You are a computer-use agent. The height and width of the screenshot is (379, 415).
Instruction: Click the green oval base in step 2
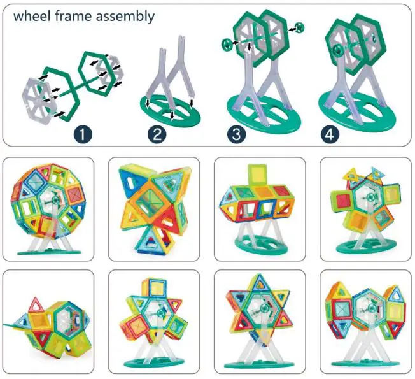tap(165, 108)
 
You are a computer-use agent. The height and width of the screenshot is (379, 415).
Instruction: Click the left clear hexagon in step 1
tap(43, 97)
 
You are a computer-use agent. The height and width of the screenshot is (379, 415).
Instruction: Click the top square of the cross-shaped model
tap(155, 287)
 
